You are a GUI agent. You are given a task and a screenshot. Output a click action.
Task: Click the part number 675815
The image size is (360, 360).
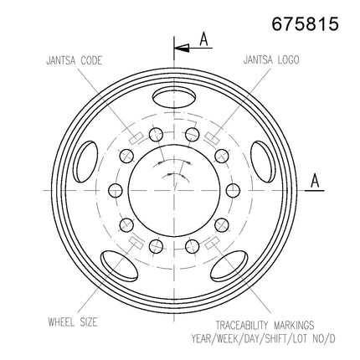pyautogui.click(x=306, y=23)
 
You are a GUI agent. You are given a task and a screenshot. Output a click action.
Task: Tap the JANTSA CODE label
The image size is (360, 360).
pyautogui.click(x=75, y=60)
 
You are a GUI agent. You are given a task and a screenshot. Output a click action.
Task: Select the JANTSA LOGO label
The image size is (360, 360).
pyautogui.click(x=271, y=59)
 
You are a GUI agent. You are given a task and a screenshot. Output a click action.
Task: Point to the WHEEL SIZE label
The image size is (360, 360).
pyautogui.click(x=73, y=322)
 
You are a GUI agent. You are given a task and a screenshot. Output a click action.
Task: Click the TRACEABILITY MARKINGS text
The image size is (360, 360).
pyautogui.click(x=265, y=326)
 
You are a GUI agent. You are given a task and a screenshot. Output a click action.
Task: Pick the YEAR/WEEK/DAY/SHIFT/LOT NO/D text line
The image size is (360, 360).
pyautogui.click(x=263, y=338)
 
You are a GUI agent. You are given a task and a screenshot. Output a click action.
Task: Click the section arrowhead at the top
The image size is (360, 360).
pyautogui.click(x=182, y=48)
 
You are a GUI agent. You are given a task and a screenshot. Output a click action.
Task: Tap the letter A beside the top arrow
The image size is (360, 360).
pyautogui.click(x=204, y=39)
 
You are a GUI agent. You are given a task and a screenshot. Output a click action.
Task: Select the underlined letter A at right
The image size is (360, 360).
pyautogui.click(x=315, y=181)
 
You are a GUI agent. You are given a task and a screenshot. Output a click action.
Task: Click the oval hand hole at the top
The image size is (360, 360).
pyautogui.click(x=174, y=98)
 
